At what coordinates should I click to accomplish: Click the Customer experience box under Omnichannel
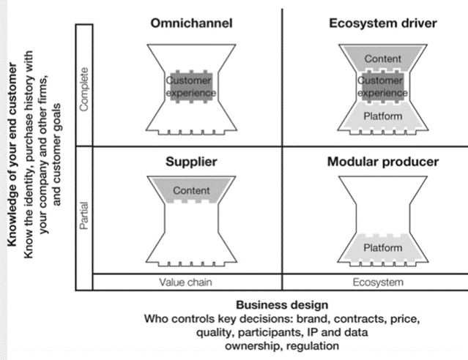[190, 86]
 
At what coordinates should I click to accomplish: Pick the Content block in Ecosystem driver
[382, 58]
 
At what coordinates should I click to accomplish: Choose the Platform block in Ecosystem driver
[382, 116]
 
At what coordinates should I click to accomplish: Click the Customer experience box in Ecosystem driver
[382, 87]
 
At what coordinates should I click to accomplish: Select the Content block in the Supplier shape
[191, 191]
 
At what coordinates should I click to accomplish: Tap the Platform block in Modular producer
[383, 247]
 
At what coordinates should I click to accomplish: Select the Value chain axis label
[187, 282]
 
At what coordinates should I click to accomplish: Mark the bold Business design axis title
[282, 305]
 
